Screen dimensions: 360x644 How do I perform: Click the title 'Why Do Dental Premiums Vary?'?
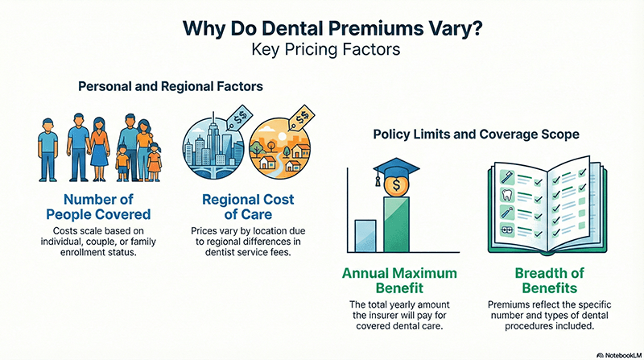[x=321, y=26]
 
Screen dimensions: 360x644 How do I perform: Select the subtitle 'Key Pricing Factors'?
[x=321, y=48]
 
